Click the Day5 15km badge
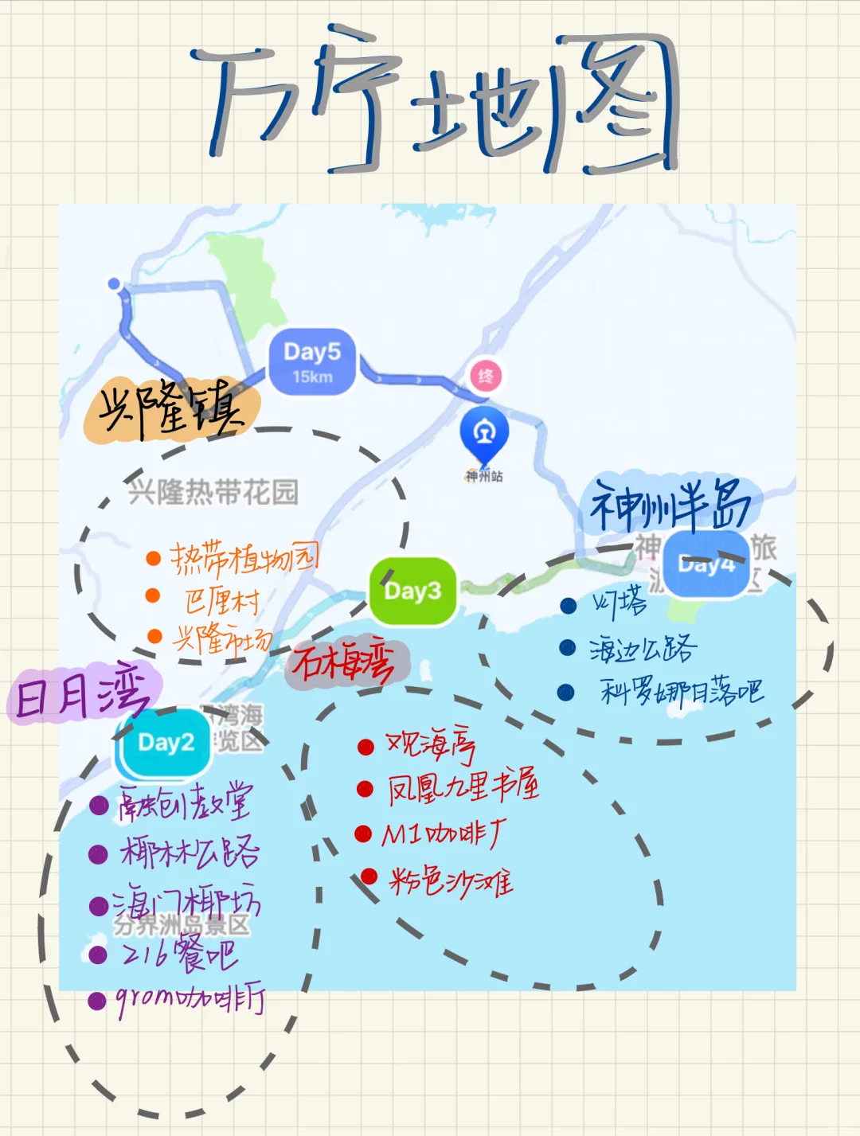(x=311, y=361)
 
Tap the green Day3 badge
(x=412, y=591)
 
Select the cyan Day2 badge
(x=166, y=743)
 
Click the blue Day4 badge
(x=706, y=564)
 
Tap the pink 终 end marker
(x=486, y=375)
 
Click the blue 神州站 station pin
(x=483, y=434)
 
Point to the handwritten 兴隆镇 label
(x=172, y=411)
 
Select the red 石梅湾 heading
(x=345, y=662)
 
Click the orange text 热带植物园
(x=244, y=559)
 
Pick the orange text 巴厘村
(x=222, y=600)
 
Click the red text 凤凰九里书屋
(x=463, y=787)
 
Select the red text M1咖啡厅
(x=442, y=833)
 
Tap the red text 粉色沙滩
(x=451, y=880)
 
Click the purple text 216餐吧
(x=179, y=954)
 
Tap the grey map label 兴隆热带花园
(x=213, y=493)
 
